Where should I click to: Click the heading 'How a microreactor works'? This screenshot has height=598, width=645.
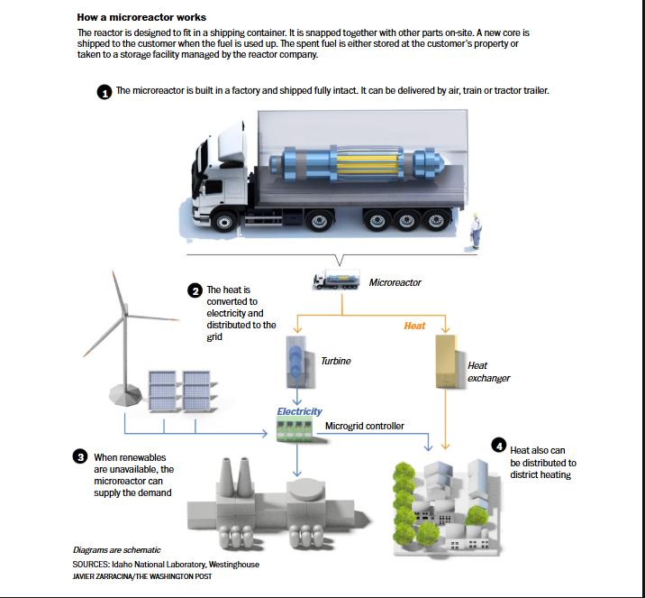coord(141,17)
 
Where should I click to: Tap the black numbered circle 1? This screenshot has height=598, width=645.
coord(104,92)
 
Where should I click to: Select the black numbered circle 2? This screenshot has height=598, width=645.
coord(195,290)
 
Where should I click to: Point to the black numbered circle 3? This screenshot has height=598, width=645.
coord(80,456)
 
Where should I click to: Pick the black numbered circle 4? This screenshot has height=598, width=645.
coord(499,446)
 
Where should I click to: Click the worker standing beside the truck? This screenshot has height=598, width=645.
coord(476,231)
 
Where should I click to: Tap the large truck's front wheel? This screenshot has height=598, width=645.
coord(224,222)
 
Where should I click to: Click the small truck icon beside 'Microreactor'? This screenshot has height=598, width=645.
coord(337,280)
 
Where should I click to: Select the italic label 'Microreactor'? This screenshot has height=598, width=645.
coord(395,282)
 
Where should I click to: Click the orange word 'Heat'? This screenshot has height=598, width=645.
coord(414,326)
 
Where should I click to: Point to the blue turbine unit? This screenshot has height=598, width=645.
coord(297,362)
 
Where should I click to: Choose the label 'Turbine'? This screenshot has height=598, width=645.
coord(336,361)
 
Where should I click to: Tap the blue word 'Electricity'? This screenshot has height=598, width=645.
coord(299,411)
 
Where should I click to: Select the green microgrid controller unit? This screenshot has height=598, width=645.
coord(295,429)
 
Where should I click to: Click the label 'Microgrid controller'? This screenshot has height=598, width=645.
coord(365,426)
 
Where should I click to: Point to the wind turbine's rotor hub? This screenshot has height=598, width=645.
coord(125,315)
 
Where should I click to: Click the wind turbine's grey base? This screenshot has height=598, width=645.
coord(125,395)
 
